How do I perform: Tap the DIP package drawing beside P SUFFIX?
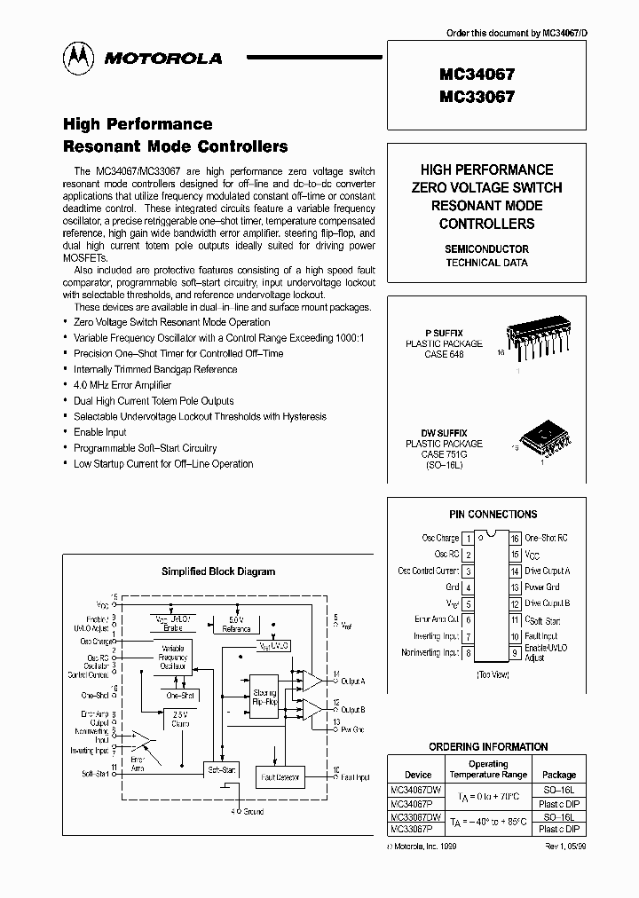(534, 339)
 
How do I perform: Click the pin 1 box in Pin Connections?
(468, 538)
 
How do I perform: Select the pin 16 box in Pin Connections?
(515, 538)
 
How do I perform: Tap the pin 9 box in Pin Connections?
(515, 653)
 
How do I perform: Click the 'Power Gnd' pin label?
(541, 587)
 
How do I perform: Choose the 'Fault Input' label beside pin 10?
(540, 636)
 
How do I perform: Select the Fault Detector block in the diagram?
(280, 777)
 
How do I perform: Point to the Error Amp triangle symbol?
(140, 738)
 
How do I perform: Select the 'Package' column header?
(559, 774)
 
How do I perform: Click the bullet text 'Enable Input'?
(101, 432)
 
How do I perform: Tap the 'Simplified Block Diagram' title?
(218, 571)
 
